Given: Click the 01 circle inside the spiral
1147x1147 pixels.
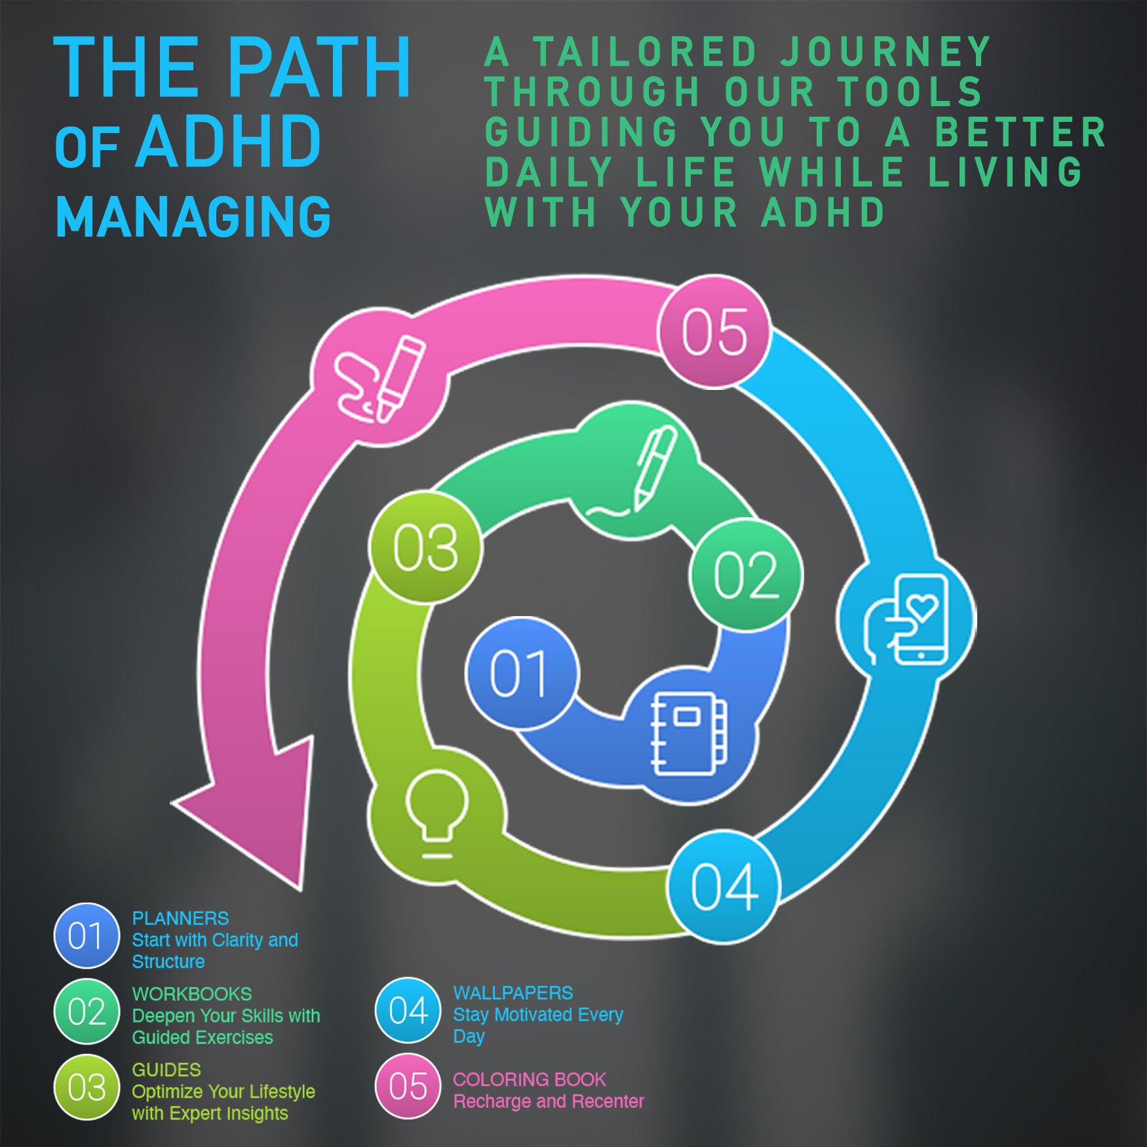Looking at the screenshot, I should [x=522, y=672].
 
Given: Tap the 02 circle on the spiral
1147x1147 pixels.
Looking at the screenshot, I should [x=746, y=575].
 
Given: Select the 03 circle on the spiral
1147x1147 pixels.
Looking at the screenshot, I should [x=425, y=547].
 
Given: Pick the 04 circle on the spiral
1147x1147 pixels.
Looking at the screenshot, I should [x=724, y=887].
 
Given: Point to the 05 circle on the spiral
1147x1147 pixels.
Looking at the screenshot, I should [x=714, y=332].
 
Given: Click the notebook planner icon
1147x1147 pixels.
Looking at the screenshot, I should [x=688, y=734].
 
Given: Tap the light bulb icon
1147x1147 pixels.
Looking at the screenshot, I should [x=437, y=813].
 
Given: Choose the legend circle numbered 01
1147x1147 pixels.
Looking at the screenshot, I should [x=87, y=935].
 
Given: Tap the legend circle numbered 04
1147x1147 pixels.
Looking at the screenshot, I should [x=408, y=1010].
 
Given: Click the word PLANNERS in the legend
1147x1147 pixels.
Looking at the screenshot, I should [x=180, y=918].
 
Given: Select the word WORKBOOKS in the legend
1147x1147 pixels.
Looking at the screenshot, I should [x=192, y=994].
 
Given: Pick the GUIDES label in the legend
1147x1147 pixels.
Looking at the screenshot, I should [x=166, y=1070].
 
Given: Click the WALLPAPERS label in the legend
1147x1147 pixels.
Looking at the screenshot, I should [x=513, y=993].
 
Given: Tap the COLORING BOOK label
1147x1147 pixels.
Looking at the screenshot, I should [x=530, y=1079].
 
